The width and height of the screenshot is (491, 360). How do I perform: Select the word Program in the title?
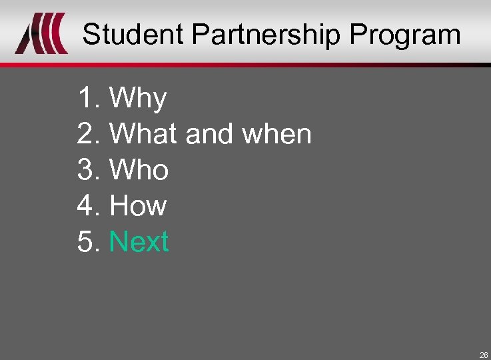(404, 34)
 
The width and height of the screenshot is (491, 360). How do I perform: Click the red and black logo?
(41, 34)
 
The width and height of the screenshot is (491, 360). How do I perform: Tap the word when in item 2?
(276, 134)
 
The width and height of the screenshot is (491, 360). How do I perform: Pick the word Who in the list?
(139, 170)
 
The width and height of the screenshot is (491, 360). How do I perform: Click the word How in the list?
(138, 205)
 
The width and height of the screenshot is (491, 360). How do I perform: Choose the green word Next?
(139, 241)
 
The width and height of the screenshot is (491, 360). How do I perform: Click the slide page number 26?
(484, 355)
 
